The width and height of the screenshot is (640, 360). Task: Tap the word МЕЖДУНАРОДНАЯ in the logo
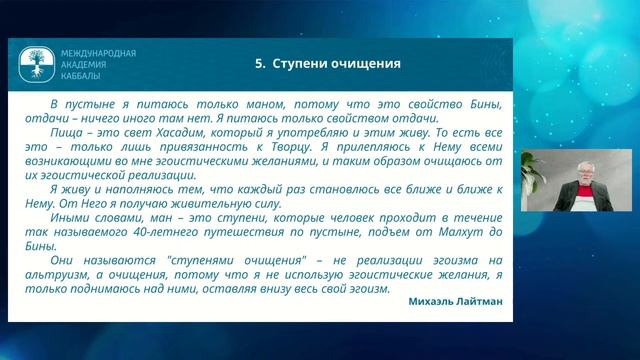tap(98, 53)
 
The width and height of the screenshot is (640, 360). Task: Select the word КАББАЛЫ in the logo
tap(84, 75)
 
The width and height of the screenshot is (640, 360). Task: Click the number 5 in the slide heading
tap(259, 64)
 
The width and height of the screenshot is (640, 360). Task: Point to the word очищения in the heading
tap(366, 64)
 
